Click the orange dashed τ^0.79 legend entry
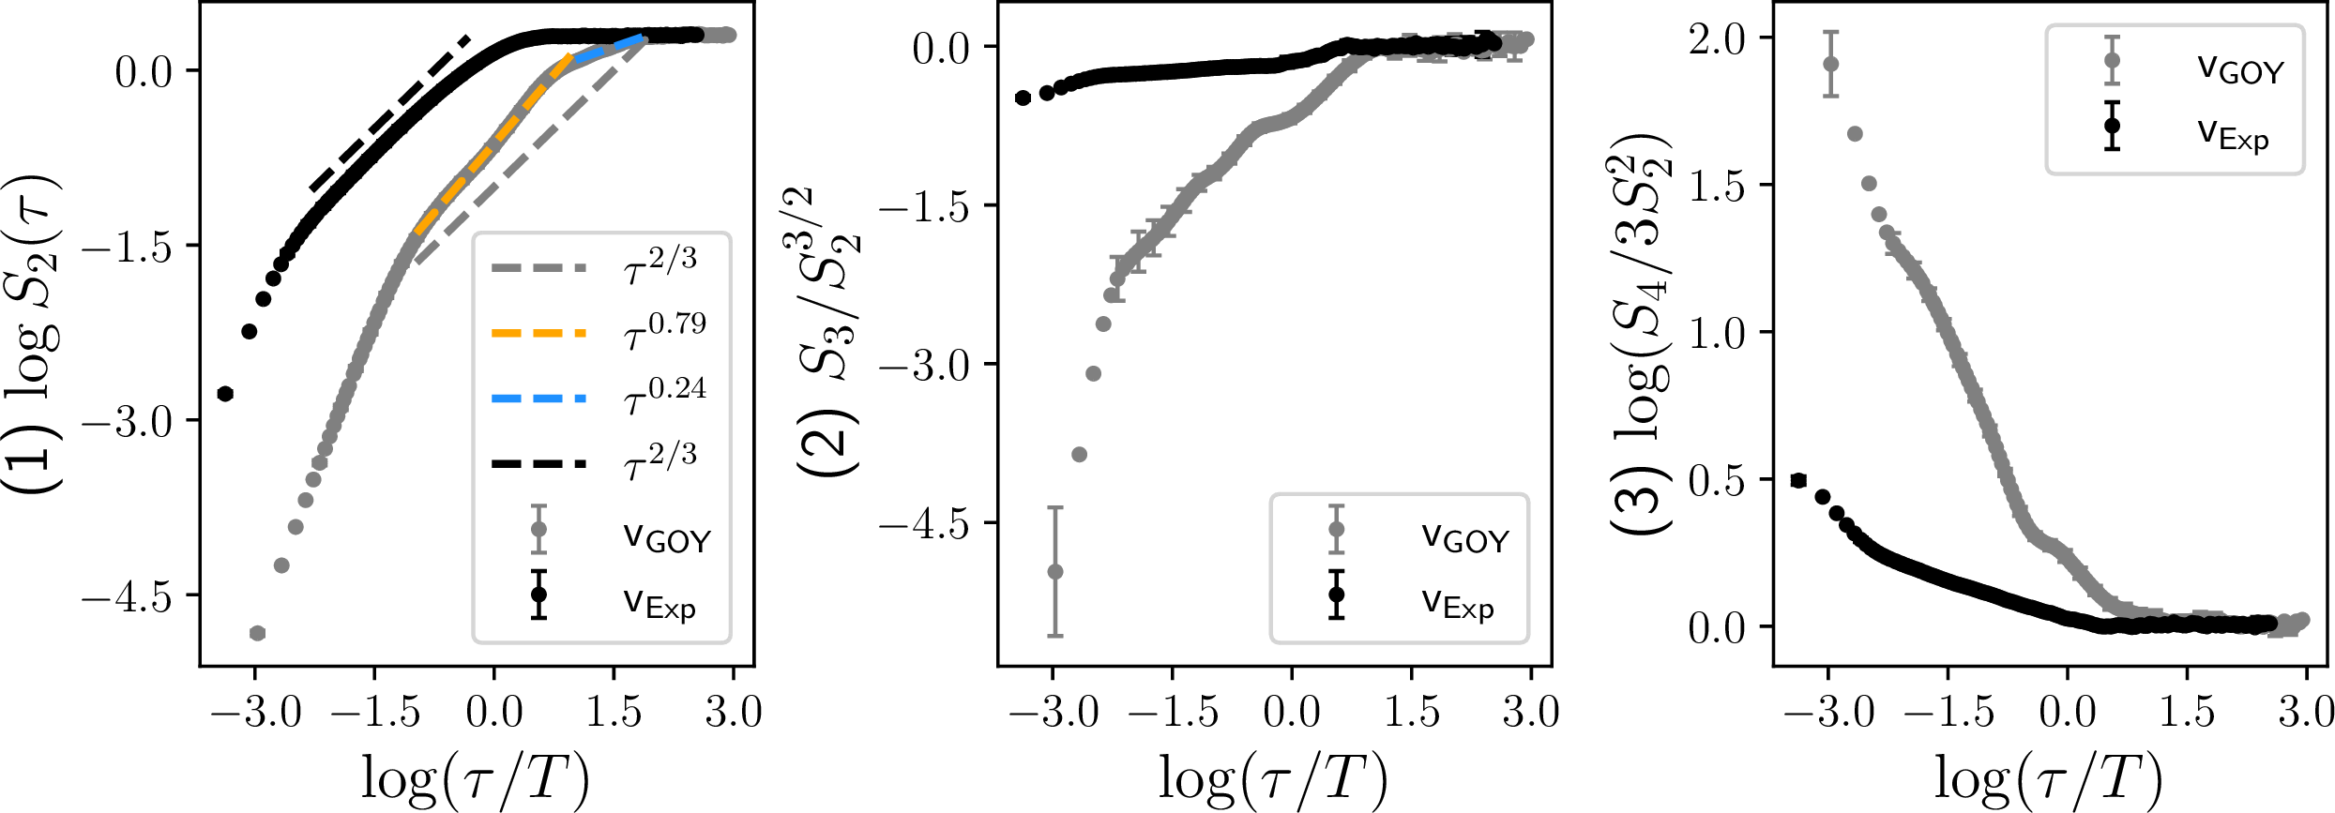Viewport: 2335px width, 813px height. (538, 333)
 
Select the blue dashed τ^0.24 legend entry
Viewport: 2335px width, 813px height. (538, 399)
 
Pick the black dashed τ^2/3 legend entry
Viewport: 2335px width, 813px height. (538, 463)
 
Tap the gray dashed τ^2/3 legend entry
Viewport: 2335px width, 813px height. (538, 268)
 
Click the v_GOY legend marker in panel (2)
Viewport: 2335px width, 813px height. (1336, 530)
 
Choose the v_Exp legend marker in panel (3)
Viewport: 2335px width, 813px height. (2112, 125)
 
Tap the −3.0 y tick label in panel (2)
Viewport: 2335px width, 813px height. (924, 365)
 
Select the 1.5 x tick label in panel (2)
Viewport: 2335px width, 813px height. (1412, 713)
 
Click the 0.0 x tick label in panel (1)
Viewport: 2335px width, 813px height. (494, 713)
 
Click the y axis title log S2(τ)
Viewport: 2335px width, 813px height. (34, 333)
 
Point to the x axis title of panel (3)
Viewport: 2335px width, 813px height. (2049, 778)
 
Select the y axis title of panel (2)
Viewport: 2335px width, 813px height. (831, 333)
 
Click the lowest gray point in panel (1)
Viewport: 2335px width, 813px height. (257, 633)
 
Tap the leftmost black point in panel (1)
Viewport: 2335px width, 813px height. (224, 394)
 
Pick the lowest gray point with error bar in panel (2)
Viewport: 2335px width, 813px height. (1055, 571)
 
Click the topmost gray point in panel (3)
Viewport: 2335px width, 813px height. (1831, 64)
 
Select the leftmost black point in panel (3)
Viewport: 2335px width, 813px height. (1798, 480)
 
